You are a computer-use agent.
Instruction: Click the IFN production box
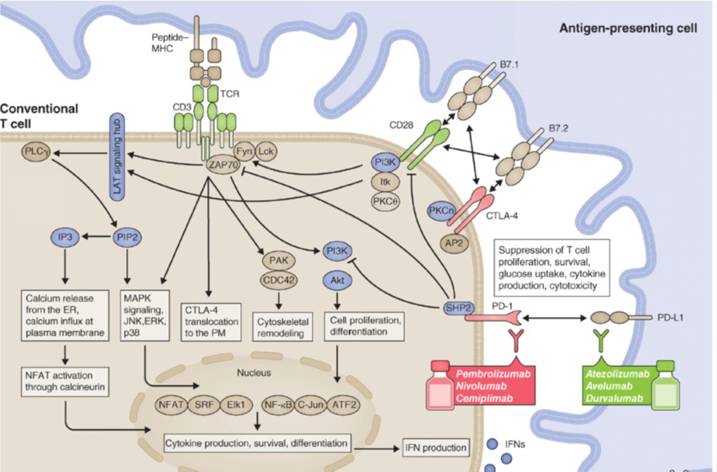tap(435, 447)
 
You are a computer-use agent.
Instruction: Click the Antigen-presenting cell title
tap(628, 29)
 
